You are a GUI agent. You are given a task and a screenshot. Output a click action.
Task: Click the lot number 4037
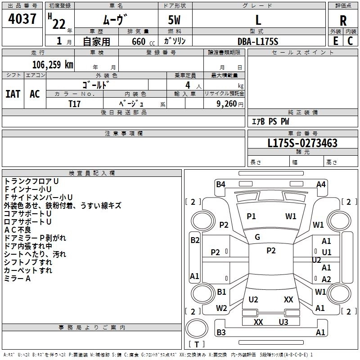tap(22, 19)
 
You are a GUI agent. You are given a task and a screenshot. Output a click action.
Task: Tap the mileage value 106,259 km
tap(53, 64)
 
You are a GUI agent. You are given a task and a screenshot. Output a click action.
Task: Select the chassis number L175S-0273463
tap(296, 144)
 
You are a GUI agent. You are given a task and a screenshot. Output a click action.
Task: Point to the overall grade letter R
tap(343, 21)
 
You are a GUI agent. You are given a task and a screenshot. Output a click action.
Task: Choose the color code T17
tap(75, 103)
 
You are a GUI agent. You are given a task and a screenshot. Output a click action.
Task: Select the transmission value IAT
tap(13, 94)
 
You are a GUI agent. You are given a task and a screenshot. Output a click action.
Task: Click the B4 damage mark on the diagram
tap(220, 184)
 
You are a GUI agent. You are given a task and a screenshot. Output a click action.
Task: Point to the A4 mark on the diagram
tap(321, 184)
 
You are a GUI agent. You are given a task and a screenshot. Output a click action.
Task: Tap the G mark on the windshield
tap(257, 237)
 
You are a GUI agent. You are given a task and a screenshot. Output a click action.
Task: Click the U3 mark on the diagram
tap(283, 322)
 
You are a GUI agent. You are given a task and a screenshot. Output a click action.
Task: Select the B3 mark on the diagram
tap(220, 333)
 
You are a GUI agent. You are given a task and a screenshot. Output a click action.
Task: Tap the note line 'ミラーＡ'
tap(18, 279)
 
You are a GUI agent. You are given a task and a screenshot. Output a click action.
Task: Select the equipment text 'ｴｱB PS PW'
tap(270, 121)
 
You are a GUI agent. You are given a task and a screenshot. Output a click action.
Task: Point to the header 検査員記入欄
tap(92, 173)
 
